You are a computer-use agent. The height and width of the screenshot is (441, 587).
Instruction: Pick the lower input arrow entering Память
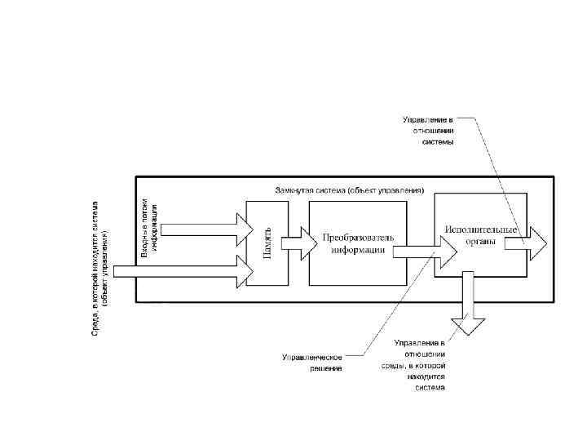coord(188,271)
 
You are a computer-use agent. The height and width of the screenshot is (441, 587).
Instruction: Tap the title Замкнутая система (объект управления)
coord(350,190)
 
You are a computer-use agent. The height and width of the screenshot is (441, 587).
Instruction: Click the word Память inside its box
coord(267,243)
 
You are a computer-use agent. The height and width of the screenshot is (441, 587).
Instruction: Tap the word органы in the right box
coord(481,242)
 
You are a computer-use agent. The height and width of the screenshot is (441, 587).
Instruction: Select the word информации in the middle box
coord(358,250)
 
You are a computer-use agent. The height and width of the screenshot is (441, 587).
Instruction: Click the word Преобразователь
coord(358,237)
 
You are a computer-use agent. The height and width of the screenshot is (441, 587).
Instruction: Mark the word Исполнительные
coord(482,229)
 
